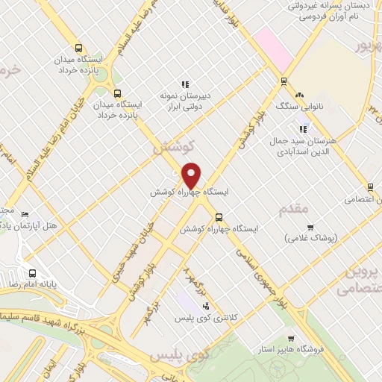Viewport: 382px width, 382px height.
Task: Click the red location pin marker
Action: click(x=192, y=175)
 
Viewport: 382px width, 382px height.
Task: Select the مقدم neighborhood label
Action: click(x=293, y=210)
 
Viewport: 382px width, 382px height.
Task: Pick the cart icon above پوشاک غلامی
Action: click(x=311, y=227)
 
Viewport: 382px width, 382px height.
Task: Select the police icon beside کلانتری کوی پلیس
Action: click(x=206, y=306)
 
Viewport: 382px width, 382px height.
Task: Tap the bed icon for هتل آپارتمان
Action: click(x=26, y=215)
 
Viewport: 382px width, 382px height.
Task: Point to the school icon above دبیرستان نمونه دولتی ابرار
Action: click(x=184, y=84)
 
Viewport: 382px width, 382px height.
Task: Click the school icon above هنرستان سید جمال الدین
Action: click(x=303, y=128)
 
